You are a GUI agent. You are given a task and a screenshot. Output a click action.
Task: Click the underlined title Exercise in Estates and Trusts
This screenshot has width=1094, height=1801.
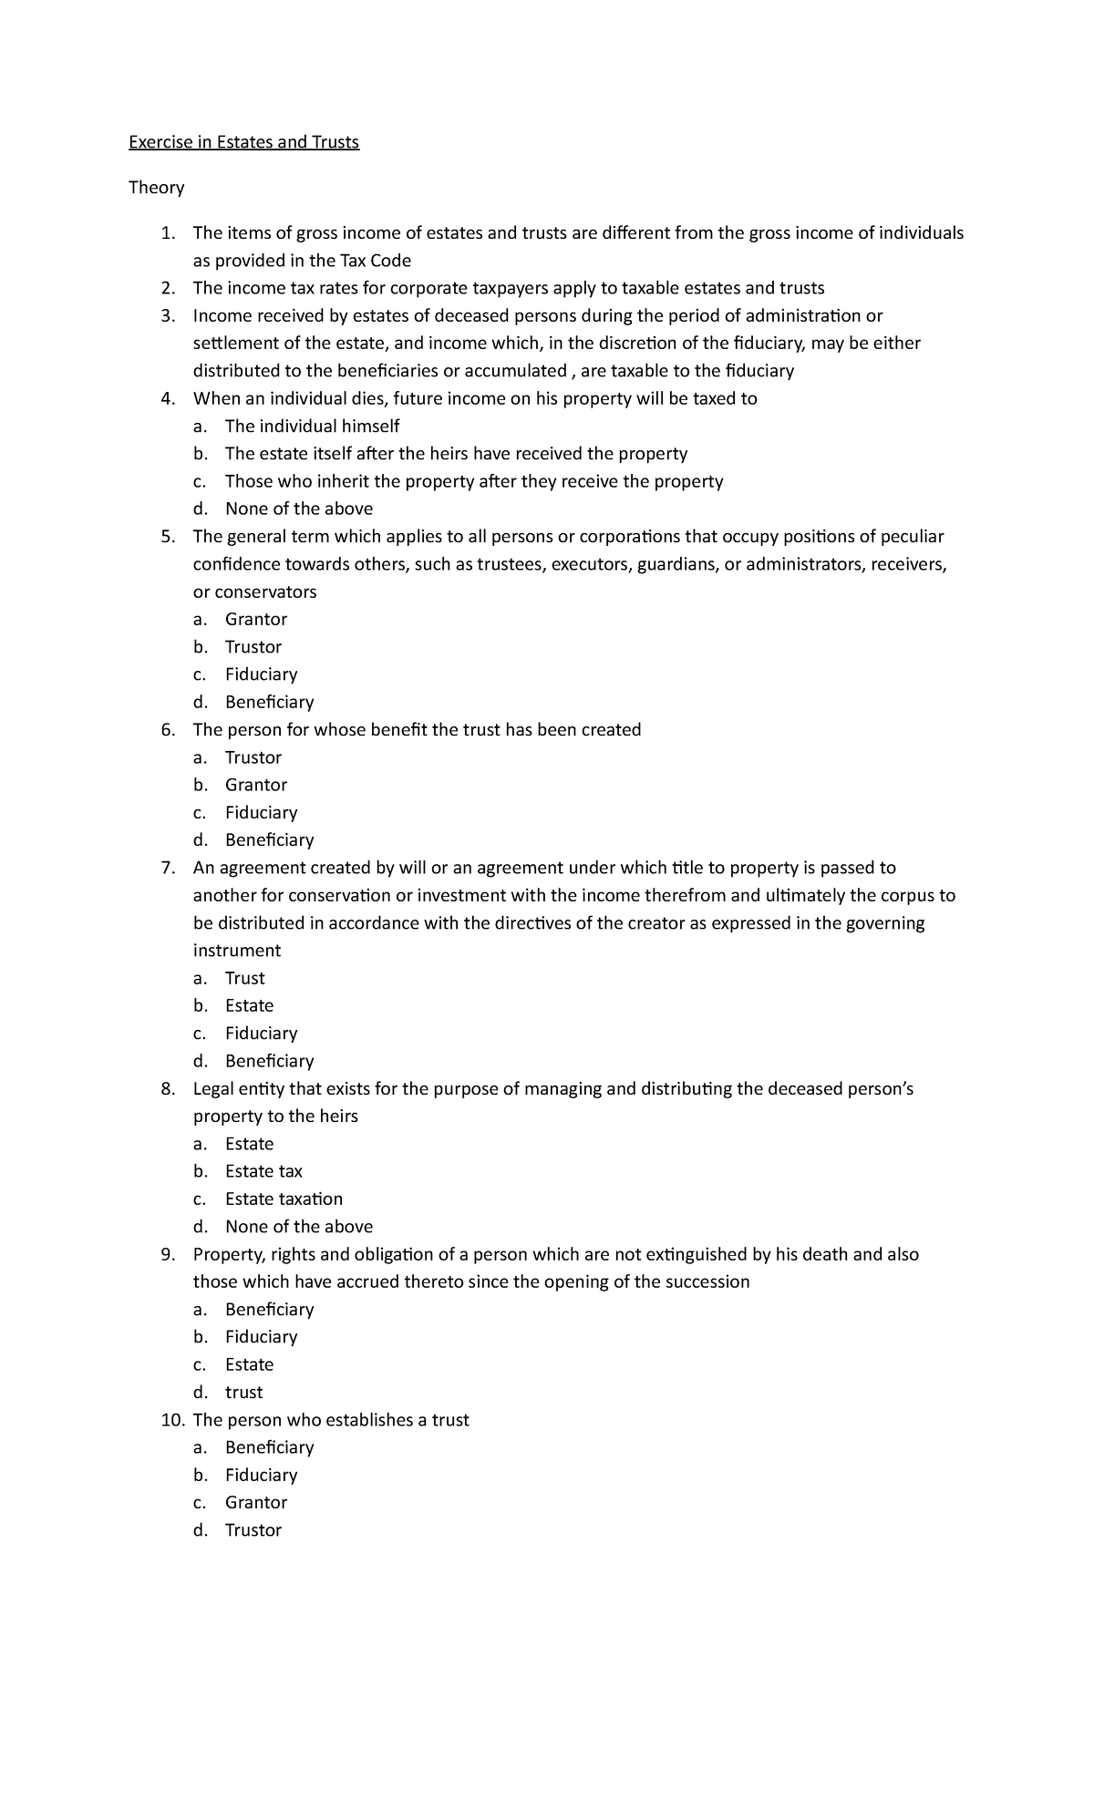click(x=243, y=142)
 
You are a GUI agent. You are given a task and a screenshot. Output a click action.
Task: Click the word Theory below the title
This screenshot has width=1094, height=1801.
click(x=156, y=188)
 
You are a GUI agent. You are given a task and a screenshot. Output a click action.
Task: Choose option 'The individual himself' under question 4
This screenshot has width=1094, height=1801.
click(x=312, y=426)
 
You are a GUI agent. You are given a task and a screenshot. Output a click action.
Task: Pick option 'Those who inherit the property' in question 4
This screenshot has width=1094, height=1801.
click(x=473, y=481)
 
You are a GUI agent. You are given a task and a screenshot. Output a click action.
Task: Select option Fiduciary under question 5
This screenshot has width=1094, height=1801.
click(x=261, y=674)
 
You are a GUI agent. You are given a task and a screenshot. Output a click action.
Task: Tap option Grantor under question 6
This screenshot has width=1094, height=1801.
click(x=255, y=785)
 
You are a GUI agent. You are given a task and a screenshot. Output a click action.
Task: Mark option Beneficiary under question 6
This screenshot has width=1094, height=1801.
click(x=269, y=839)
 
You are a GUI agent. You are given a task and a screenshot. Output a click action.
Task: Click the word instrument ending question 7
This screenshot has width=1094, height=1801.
click(x=236, y=951)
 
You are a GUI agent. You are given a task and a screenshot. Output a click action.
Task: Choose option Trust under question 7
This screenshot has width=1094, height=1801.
click(x=244, y=978)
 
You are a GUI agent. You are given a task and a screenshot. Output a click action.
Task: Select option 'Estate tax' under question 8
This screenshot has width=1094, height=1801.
click(x=263, y=1171)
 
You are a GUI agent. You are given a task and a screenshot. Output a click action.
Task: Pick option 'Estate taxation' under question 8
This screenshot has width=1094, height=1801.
click(x=284, y=1199)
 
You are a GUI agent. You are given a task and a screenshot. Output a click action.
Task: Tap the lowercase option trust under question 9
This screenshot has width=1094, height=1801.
click(x=243, y=1392)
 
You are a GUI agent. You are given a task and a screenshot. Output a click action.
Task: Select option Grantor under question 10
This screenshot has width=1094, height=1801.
click(x=255, y=1502)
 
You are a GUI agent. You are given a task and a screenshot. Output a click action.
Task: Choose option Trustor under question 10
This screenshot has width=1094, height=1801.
click(x=253, y=1530)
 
